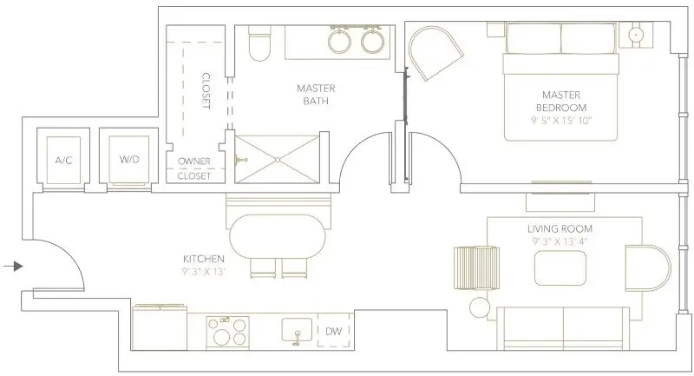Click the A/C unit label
click(x=62, y=160)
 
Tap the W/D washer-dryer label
click(x=128, y=160)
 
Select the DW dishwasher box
click(x=332, y=331)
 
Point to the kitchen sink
click(x=297, y=331)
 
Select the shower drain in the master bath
click(x=278, y=159)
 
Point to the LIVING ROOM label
click(x=560, y=228)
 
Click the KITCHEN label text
click(x=205, y=259)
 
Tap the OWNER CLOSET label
click(x=193, y=168)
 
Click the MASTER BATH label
click(x=315, y=92)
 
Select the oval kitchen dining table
click(x=279, y=235)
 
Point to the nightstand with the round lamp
click(x=638, y=36)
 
